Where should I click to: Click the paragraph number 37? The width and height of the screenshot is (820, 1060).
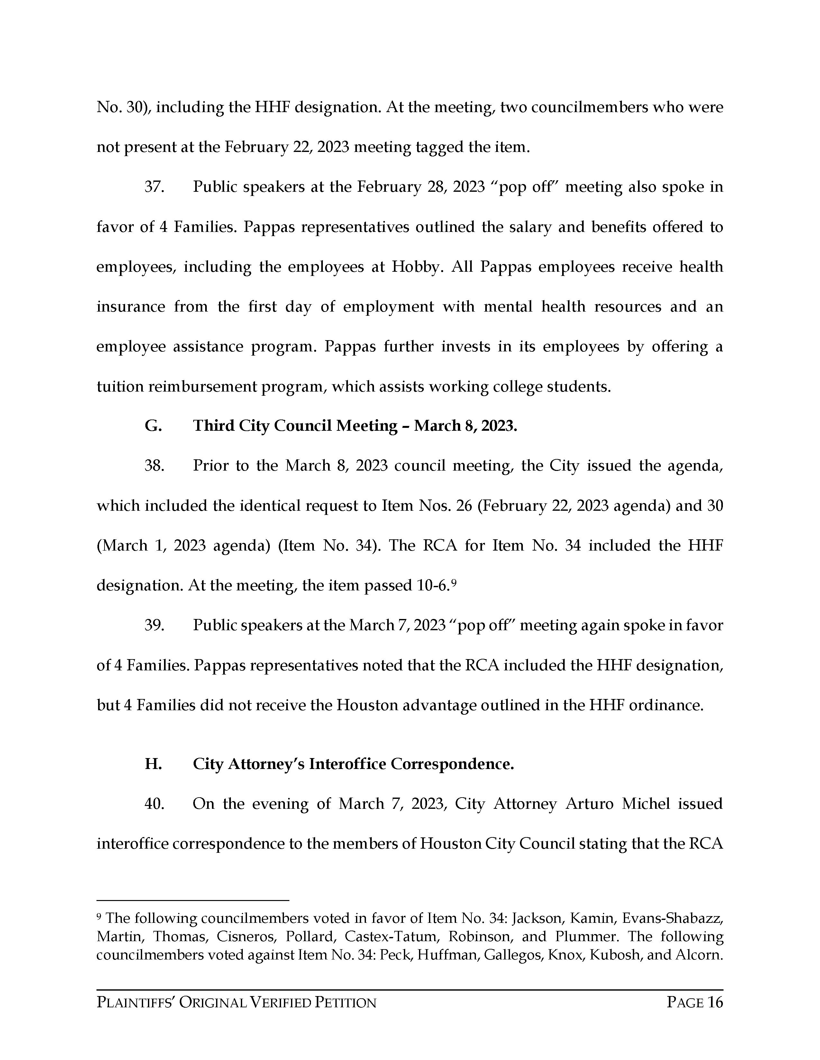[x=154, y=187]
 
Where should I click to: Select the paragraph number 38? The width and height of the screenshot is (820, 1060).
[x=154, y=466]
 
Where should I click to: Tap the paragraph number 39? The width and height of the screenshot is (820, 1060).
[x=154, y=625]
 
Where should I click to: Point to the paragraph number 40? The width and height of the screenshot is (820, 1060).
[x=154, y=804]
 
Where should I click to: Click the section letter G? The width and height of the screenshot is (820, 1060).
[x=153, y=426]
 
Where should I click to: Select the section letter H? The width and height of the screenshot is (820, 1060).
[x=153, y=764]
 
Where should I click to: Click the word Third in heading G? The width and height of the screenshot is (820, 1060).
[x=213, y=426]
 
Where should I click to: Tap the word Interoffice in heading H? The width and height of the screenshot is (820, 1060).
[x=347, y=764]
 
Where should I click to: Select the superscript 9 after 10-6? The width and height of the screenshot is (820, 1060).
[x=454, y=582]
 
